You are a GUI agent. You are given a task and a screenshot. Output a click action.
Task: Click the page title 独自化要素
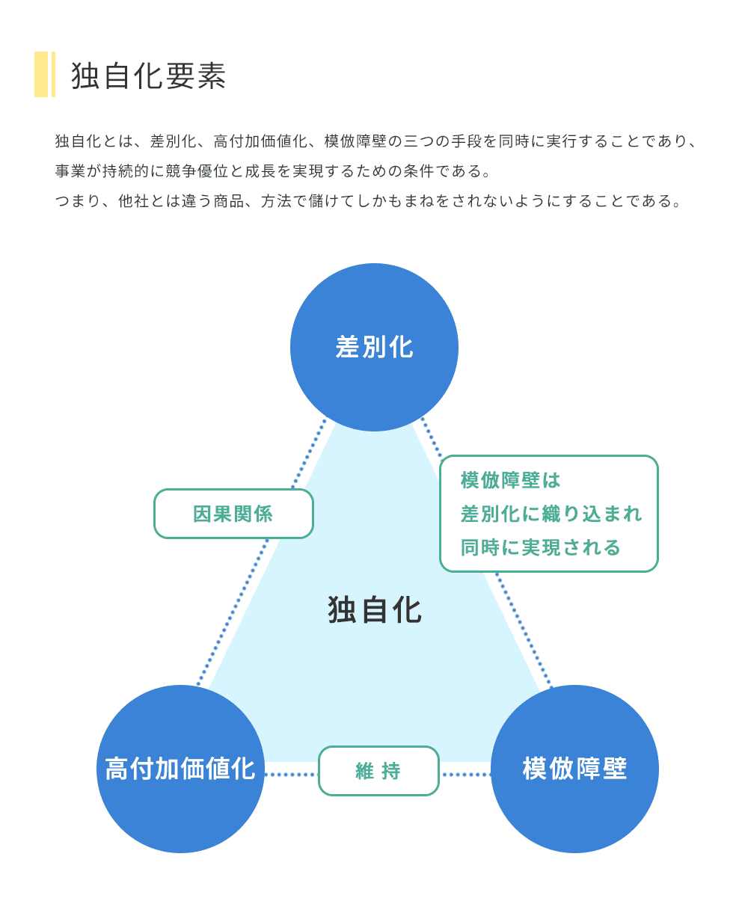tap(148, 76)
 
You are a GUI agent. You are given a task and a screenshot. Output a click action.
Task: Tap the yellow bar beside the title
tap(42, 74)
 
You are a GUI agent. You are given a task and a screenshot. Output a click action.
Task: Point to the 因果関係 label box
tap(233, 514)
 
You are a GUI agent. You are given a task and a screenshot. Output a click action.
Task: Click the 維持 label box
tap(378, 771)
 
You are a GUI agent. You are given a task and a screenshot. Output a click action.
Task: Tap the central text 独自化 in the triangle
tap(375, 610)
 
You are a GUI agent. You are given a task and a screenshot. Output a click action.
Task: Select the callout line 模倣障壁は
tap(511, 480)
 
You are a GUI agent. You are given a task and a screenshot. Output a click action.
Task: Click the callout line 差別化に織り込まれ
tap(551, 514)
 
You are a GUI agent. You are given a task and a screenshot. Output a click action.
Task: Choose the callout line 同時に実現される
tap(541, 547)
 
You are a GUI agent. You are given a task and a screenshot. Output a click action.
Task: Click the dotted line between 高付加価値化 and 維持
tap(291, 775)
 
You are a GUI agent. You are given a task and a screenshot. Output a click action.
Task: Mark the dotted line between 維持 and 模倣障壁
tap(465, 775)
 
